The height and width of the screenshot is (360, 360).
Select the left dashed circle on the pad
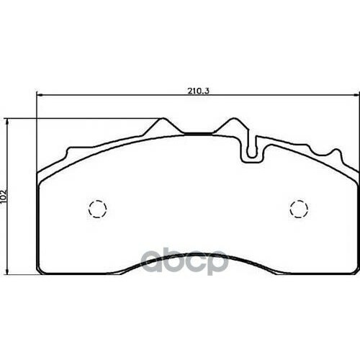tap(96, 209)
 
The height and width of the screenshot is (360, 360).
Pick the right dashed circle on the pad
tap(298, 209)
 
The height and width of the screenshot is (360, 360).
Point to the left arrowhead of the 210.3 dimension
tap(39, 96)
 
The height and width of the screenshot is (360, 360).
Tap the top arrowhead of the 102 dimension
tap(9, 121)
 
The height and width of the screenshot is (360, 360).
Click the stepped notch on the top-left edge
tap(68, 153)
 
